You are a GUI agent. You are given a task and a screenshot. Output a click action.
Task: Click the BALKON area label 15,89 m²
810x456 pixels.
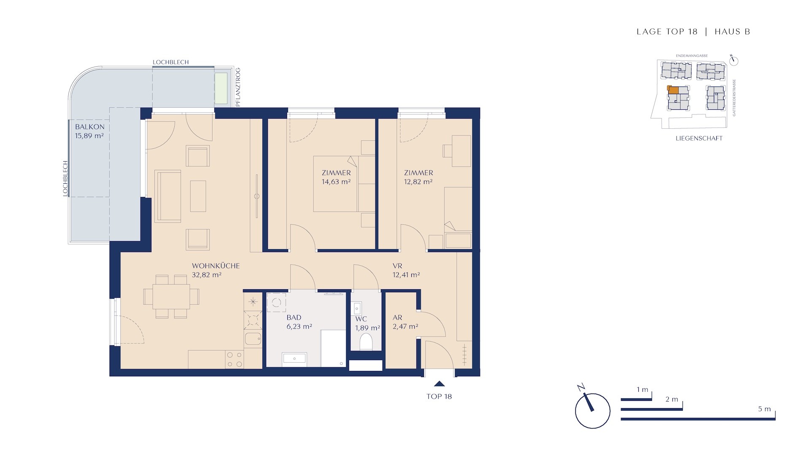tap(89, 136)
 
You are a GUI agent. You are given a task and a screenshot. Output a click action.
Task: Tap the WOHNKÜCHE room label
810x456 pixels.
tap(216, 266)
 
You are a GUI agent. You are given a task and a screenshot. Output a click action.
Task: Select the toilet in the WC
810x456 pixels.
tap(366, 342)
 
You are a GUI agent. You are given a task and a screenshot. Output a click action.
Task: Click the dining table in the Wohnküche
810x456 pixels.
tap(171, 296)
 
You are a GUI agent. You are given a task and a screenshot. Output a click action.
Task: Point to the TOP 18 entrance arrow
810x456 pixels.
tap(440, 384)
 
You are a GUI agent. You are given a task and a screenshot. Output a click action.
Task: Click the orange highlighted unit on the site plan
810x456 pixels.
tap(673, 90)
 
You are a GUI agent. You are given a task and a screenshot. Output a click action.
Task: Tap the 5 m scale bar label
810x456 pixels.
tap(764, 409)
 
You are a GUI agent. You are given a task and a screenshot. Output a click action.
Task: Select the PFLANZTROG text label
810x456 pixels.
tap(238, 87)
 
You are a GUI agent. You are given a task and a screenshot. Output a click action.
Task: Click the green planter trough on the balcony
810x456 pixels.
tap(221, 88)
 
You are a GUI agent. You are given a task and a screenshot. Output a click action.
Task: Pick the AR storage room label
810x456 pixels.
tap(397, 318)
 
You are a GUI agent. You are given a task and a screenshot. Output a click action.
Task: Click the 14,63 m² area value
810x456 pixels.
tap(336, 182)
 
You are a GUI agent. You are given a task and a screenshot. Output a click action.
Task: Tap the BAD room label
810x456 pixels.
tap(294, 318)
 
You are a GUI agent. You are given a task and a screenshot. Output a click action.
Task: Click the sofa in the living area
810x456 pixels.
tap(168, 196)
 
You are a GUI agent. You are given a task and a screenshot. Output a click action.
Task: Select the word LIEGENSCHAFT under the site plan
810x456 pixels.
tap(699, 138)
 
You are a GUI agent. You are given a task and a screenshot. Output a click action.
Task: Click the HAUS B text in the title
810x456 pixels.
tap(732, 32)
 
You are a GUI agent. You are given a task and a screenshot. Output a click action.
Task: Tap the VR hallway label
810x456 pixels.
tap(397, 266)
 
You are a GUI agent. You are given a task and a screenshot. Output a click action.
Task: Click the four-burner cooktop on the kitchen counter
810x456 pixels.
tap(235, 359)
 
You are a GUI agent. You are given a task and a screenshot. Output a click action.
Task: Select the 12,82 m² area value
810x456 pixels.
tap(418, 182)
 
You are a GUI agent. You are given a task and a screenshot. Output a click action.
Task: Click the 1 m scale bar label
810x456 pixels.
tap(643, 390)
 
